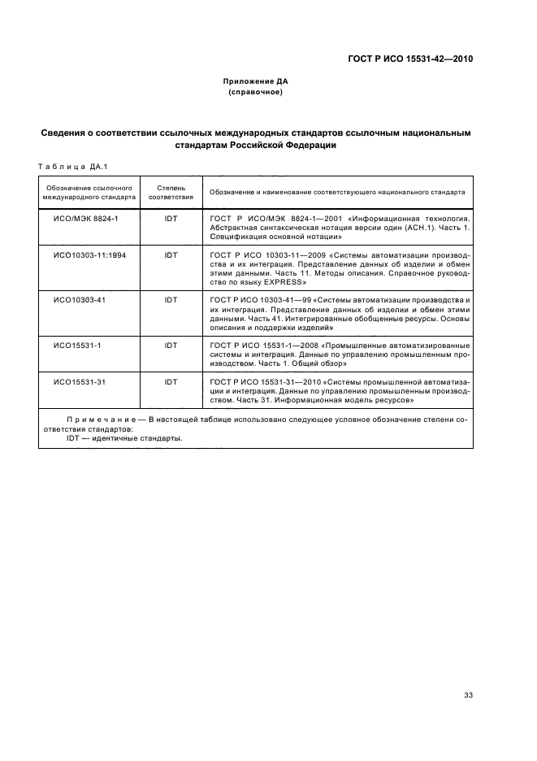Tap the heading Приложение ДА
256,82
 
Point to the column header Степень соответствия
171,192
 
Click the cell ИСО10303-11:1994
89,254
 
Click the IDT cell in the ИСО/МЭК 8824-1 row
171,220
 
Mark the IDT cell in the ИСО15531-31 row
171,381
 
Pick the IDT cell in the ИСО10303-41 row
171,300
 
